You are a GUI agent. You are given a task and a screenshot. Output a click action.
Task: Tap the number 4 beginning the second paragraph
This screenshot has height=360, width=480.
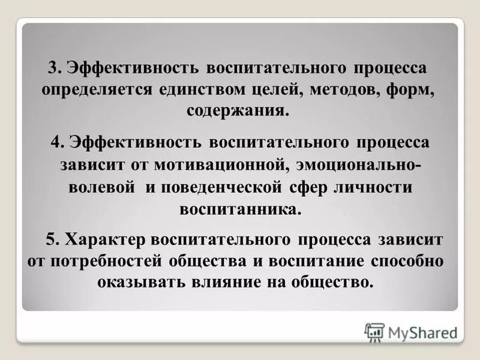[56, 143]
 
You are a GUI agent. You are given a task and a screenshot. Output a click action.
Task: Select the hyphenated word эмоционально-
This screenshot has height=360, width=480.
[356, 164]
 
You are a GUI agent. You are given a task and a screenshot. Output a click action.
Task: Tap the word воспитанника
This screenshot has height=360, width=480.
[239, 209]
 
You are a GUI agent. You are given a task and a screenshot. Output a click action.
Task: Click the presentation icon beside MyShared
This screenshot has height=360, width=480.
[374, 332]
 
